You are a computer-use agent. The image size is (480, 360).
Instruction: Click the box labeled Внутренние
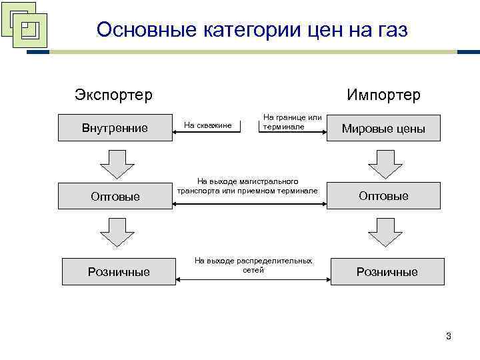pos(115,127)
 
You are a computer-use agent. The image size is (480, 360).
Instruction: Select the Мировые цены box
pos(383,129)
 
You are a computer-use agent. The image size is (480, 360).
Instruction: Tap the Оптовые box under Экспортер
pos(115,196)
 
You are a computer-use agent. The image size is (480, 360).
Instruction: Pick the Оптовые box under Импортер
pos(383,196)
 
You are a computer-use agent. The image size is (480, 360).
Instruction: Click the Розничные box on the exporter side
pos(119,271)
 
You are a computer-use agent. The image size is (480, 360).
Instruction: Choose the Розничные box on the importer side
pos(387,271)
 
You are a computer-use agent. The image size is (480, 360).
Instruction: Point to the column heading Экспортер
pos(113,95)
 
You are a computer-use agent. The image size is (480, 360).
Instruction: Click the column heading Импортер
pos(383,95)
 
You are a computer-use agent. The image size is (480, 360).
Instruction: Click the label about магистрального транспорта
pos(247,185)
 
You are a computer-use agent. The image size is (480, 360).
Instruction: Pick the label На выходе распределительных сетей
pos(253,265)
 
